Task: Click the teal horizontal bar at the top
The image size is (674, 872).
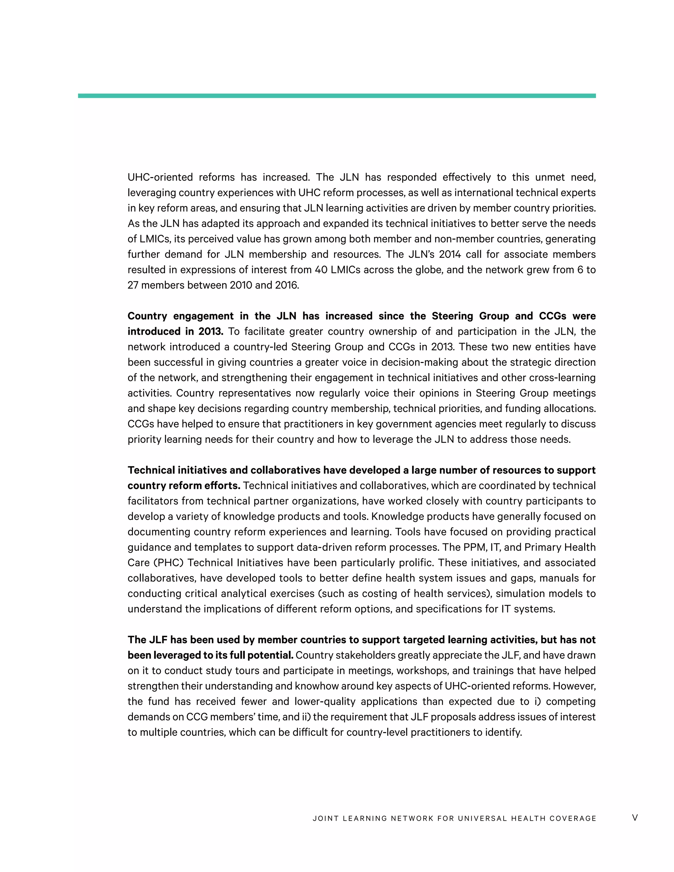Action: (337, 96)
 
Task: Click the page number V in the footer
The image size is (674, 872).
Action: (635, 818)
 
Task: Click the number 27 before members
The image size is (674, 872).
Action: (133, 286)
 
